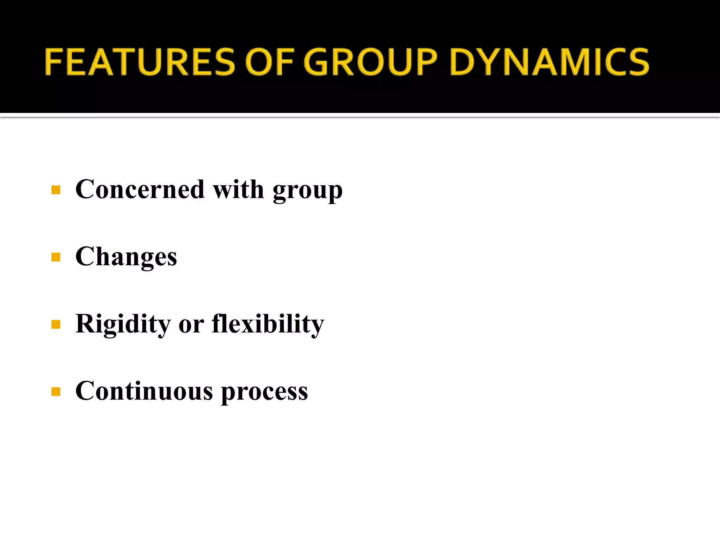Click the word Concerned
coord(140,189)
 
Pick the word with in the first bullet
coord(238,189)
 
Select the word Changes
coord(126,257)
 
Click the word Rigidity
coord(123,324)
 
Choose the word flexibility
coord(268,324)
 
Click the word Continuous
coord(144,391)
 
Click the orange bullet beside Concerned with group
coord(56,190)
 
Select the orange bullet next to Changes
coord(56,257)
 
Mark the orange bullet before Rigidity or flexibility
coord(56,324)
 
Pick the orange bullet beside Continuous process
coord(56,391)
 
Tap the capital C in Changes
coord(85,257)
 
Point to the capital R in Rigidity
coord(85,323)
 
